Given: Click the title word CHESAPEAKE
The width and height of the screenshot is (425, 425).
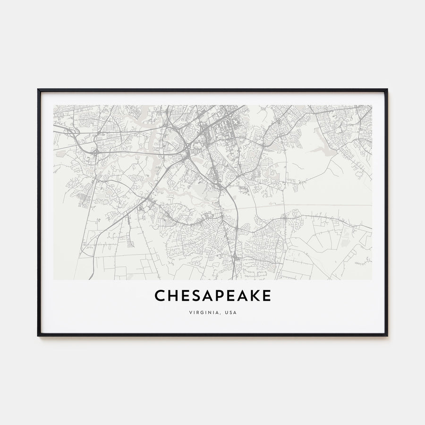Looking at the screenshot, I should point(212,296).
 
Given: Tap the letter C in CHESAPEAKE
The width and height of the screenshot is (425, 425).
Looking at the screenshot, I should point(159,296).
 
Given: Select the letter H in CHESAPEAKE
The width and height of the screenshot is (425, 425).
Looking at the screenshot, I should point(172,296).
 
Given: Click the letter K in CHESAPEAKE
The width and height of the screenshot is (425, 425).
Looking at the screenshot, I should point(255,296).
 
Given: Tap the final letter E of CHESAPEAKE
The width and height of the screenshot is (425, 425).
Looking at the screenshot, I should point(267,296).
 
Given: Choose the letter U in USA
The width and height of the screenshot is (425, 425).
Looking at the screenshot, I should point(227,313).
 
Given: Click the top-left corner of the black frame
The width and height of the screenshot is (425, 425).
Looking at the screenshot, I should point(38,89).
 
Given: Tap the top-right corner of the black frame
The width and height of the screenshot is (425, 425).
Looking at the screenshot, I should point(387,89).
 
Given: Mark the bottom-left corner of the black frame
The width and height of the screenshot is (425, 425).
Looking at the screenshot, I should point(38,335).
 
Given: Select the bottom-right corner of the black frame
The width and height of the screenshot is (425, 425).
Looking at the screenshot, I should point(387,335).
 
